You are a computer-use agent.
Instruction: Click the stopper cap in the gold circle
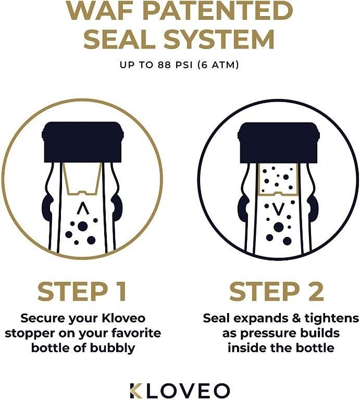coord(82,142)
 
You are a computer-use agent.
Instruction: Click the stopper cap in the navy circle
coord(278,142)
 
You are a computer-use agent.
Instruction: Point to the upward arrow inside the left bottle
coord(82,209)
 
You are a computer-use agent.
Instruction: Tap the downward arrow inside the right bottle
coord(278,209)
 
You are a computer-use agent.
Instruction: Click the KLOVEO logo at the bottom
coord(180,390)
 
